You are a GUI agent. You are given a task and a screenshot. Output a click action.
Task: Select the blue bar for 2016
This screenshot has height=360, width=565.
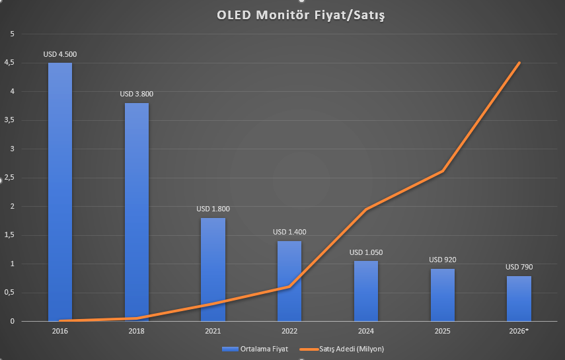[x=60, y=192]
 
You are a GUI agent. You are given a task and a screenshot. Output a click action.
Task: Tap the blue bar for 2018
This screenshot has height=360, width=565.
[x=136, y=211]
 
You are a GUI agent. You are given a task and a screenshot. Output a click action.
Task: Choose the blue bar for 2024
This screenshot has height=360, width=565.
[x=365, y=291]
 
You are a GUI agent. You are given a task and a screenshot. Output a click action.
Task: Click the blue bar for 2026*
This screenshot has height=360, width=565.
[x=519, y=299]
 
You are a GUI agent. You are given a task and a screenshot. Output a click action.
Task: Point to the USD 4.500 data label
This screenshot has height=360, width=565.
[x=59, y=55]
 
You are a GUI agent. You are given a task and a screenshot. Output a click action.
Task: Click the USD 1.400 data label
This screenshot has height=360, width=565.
[x=289, y=233]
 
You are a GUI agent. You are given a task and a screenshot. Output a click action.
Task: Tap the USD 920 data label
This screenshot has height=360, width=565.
[x=442, y=260]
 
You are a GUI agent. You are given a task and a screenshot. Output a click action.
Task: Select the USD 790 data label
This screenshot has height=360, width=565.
[x=519, y=267]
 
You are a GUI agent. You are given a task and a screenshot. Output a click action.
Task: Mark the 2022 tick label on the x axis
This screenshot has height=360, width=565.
[x=289, y=330]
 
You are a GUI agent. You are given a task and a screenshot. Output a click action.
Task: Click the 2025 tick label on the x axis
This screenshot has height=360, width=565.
[x=442, y=330]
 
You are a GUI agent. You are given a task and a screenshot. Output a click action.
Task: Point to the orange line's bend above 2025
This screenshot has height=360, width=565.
[x=442, y=171]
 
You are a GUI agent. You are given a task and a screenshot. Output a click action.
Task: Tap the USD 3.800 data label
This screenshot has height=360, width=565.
[x=136, y=94]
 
